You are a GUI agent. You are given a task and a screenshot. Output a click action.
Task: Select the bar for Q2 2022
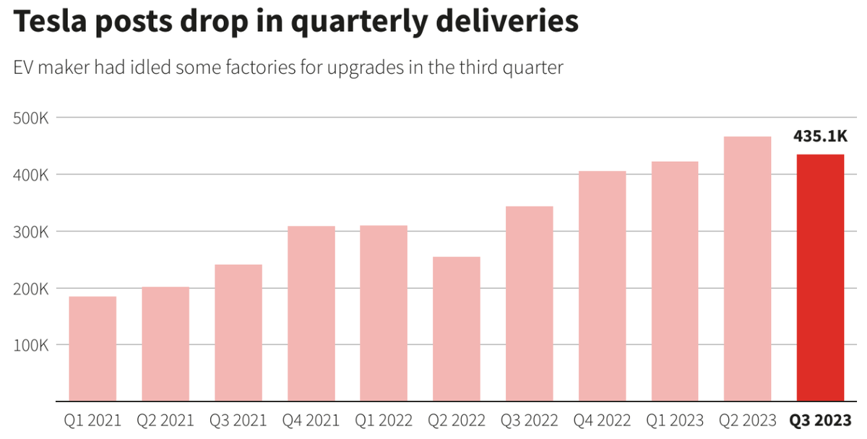[457, 329]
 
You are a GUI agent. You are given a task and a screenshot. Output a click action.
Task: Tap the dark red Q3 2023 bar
[820, 278]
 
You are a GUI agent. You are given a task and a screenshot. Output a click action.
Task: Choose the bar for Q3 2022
[530, 303]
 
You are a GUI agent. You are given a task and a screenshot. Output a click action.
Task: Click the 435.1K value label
[820, 136]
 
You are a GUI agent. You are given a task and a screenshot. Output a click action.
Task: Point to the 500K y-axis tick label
[30, 118]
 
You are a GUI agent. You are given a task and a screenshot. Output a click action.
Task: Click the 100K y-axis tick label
[30, 345]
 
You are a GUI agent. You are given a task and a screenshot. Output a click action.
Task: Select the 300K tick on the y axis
[30, 232]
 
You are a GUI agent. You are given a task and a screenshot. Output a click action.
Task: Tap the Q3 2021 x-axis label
[238, 420]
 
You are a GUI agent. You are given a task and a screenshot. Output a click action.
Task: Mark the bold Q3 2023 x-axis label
[820, 420]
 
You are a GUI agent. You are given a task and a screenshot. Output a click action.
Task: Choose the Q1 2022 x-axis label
[384, 420]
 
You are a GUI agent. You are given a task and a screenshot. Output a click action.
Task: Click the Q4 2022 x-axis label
[602, 420]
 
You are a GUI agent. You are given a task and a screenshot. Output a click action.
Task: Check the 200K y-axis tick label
[30, 288]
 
